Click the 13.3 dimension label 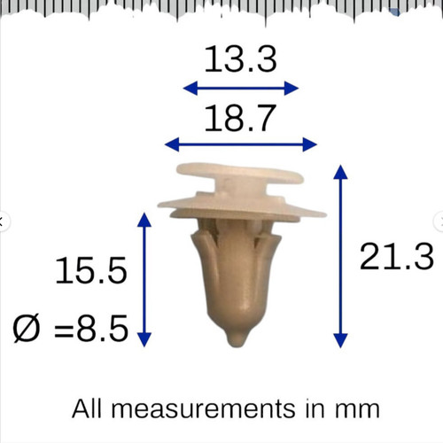[x=240, y=59]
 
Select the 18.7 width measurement [x=240, y=118]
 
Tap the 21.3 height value [x=396, y=256]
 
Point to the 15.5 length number [x=91, y=270]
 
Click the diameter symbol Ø [x=26, y=329]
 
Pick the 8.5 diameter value [x=102, y=329]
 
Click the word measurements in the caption [x=203, y=409]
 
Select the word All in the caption [x=87, y=408]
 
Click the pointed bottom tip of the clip [x=237, y=345]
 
